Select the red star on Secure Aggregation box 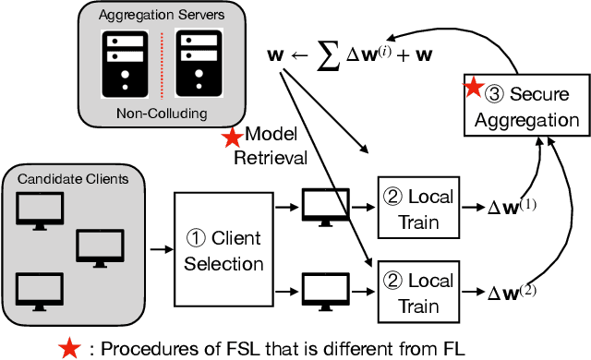pyautogui.click(x=473, y=89)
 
